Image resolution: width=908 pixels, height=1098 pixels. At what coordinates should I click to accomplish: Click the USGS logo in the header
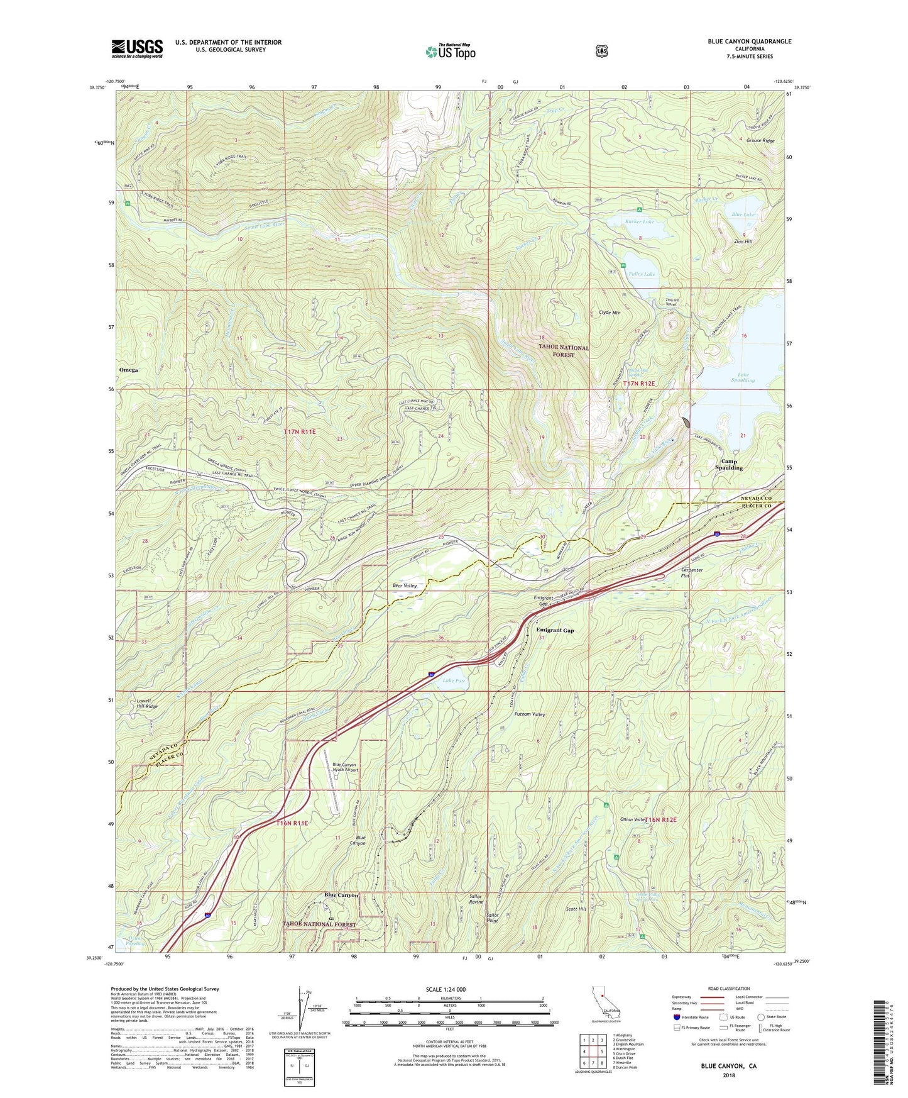tap(137, 48)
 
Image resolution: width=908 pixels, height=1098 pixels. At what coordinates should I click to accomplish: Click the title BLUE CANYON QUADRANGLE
tap(749, 42)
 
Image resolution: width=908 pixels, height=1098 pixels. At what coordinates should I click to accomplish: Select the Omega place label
tap(128, 370)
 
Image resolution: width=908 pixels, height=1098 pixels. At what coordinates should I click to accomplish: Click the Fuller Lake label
tap(642, 274)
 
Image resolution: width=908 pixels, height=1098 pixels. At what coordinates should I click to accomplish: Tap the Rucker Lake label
tap(639, 221)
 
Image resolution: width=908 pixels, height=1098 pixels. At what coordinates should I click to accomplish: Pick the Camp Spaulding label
tap(729, 464)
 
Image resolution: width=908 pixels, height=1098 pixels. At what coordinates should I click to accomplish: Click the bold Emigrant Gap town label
tap(555, 630)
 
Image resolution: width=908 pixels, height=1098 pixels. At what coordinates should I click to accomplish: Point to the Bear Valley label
tap(405, 585)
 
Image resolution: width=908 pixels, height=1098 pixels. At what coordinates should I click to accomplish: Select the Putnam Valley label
tap(530, 714)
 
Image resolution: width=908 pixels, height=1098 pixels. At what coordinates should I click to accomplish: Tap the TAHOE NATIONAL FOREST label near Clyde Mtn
tap(564, 351)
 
